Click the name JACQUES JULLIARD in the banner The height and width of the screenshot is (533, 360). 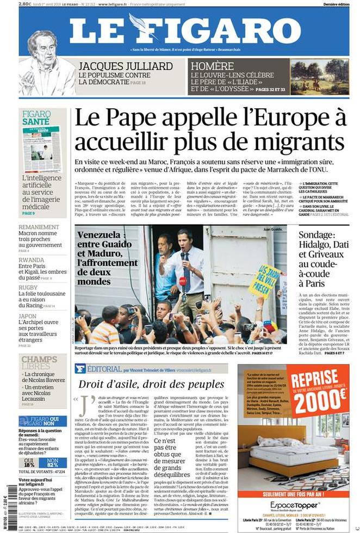(x=126, y=66)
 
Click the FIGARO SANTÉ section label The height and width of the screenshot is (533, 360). (x=36, y=118)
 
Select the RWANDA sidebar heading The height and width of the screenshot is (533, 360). (x=32, y=260)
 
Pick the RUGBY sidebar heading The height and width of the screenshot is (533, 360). (x=28, y=288)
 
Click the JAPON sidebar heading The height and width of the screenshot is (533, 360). (x=28, y=316)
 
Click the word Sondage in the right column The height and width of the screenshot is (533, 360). (x=321, y=235)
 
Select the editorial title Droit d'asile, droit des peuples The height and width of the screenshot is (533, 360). (x=151, y=385)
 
